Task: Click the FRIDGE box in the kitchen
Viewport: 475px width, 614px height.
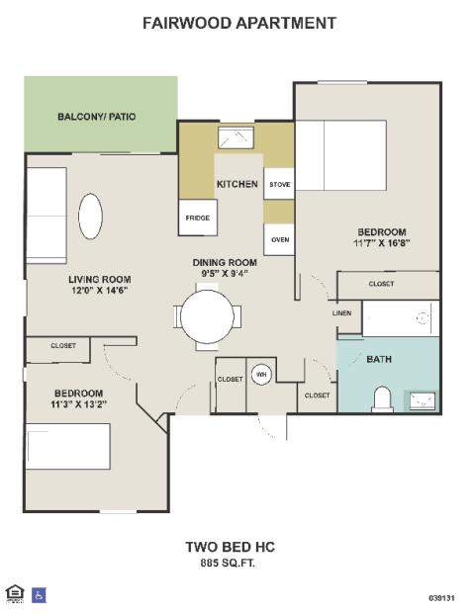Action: (198, 218)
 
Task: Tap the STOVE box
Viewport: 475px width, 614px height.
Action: (279, 184)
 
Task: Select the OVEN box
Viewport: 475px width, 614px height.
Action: (279, 239)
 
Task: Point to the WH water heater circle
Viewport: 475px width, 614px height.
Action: (261, 375)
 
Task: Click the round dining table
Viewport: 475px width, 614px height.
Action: (208, 316)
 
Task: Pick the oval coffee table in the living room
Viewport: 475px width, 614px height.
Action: (90, 217)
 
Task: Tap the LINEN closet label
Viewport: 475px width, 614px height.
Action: (341, 313)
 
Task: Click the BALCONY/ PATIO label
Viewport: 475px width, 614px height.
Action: (96, 117)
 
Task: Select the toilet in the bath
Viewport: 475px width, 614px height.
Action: (382, 399)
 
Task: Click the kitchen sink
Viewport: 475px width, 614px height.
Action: (236, 137)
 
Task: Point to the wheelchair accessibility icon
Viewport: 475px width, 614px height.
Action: (39, 595)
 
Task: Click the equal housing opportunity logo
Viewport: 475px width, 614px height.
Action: (15, 594)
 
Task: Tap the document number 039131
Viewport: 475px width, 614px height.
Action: (441, 598)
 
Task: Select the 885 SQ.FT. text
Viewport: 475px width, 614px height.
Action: (228, 564)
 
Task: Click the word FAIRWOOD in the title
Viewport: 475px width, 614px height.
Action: (187, 23)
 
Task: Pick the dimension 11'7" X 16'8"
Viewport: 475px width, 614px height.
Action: (382, 243)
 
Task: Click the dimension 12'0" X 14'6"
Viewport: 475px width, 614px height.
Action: (100, 290)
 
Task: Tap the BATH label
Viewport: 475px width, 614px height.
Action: (379, 359)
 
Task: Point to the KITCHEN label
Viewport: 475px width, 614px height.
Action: (237, 184)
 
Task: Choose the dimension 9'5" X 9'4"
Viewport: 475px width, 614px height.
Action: (225, 273)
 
